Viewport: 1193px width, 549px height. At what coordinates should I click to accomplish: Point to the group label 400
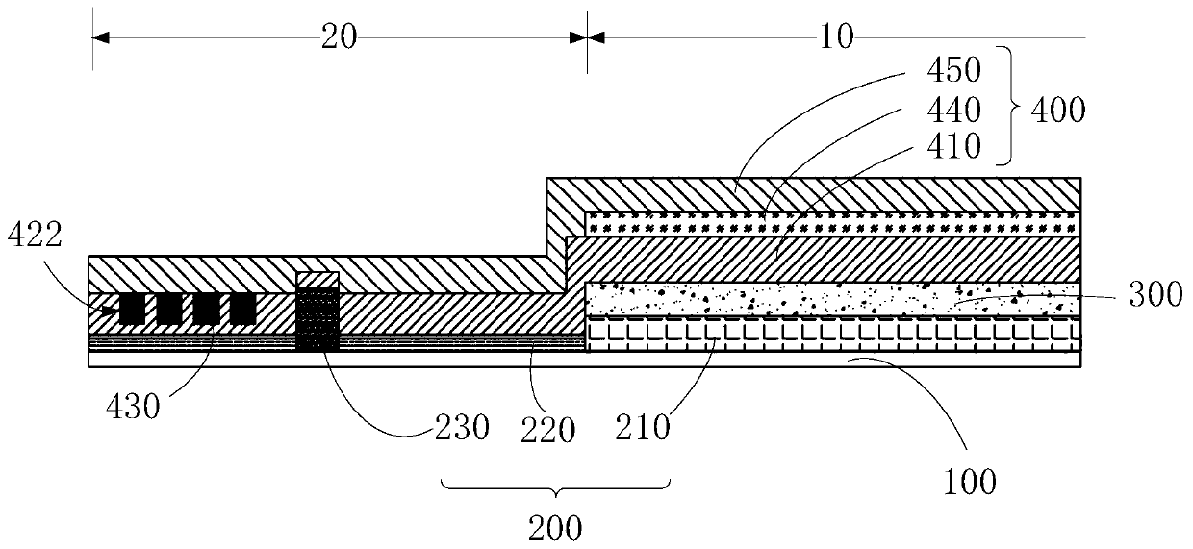point(1056,110)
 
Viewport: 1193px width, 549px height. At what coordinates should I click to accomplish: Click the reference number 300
point(1155,292)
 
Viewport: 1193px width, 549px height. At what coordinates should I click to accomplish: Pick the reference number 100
point(969,481)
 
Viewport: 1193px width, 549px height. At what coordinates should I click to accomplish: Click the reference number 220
point(548,428)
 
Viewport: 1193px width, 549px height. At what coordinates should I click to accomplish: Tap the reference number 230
point(462,426)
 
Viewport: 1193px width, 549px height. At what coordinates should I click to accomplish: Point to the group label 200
point(555,526)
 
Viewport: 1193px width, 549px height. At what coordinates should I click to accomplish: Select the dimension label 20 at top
point(339,37)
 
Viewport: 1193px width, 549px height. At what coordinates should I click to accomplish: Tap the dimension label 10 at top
point(837,37)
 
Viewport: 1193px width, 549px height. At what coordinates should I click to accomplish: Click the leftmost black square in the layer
point(132,309)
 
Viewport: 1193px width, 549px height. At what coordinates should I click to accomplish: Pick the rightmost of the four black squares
point(242,309)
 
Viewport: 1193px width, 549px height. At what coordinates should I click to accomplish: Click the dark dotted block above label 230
point(317,318)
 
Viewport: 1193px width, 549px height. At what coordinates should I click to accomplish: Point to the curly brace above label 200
point(555,486)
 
